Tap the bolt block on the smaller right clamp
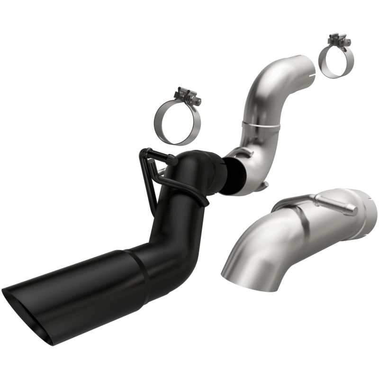(337, 39)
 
